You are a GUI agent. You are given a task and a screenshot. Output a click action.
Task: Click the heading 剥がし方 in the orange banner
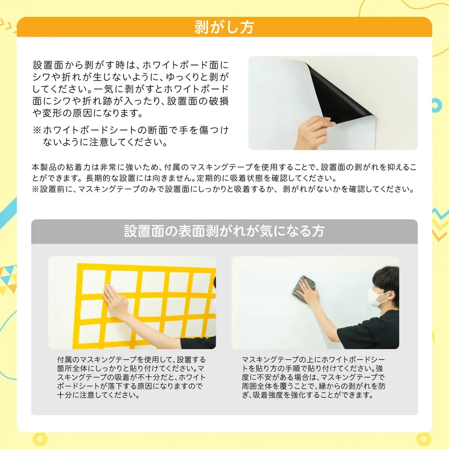pyautogui.click(x=224, y=27)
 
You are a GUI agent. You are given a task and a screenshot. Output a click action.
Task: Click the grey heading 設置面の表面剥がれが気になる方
pyautogui.click(x=224, y=231)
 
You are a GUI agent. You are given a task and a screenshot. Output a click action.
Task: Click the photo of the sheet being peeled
pyautogui.click(x=333, y=103)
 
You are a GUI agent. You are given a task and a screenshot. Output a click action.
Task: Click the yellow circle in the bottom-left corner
pyautogui.click(x=40, y=438)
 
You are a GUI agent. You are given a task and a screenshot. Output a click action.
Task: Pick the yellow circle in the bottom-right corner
pyautogui.click(x=424, y=438)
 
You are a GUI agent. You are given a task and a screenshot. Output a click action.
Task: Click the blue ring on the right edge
pyautogui.click(x=437, y=104)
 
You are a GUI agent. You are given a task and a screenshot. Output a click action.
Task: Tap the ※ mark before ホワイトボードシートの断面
pyautogui.click(x=37, y=131)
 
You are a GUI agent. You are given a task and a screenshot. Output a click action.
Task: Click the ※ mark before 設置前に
pyautogui.click(x=35, y=190)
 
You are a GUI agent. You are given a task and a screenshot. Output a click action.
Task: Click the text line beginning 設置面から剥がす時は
pyautogui.click(x=131, y=65)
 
